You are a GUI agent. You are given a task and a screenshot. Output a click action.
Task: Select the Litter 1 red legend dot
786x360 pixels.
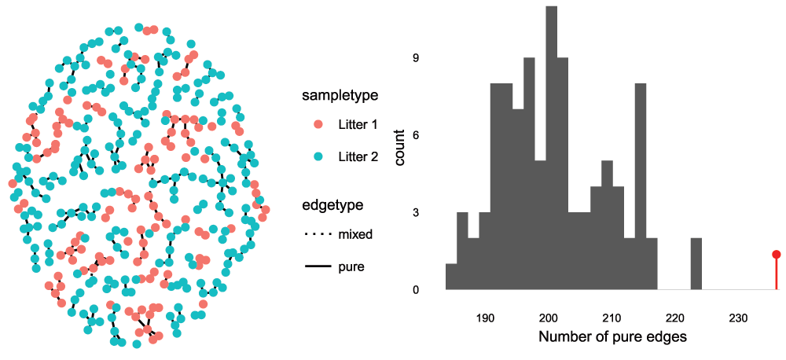[x=318, y=125]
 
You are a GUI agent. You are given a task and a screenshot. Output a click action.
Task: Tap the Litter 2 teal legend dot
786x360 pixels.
[x=318, y=156]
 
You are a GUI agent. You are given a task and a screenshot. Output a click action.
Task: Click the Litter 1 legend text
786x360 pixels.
[x=358, y=125]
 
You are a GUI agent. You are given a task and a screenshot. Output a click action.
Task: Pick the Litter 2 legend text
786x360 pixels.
[x=358, y=156]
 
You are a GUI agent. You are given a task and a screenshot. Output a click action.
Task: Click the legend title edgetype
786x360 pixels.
[x=332, y=205]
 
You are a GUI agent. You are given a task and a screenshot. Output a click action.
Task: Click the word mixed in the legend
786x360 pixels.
[x=355, y=234]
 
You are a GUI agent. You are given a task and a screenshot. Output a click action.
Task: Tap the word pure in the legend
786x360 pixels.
[x=351, y=267]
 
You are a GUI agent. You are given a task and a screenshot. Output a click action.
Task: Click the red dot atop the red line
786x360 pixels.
[x=777, y=254]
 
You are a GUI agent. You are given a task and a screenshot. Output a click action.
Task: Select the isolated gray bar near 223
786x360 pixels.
[x=696, y=263]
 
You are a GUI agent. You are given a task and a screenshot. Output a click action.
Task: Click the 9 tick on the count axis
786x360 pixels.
[x=417, y=58]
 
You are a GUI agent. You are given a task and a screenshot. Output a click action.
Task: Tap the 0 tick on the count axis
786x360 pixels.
[x=417, y=289]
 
